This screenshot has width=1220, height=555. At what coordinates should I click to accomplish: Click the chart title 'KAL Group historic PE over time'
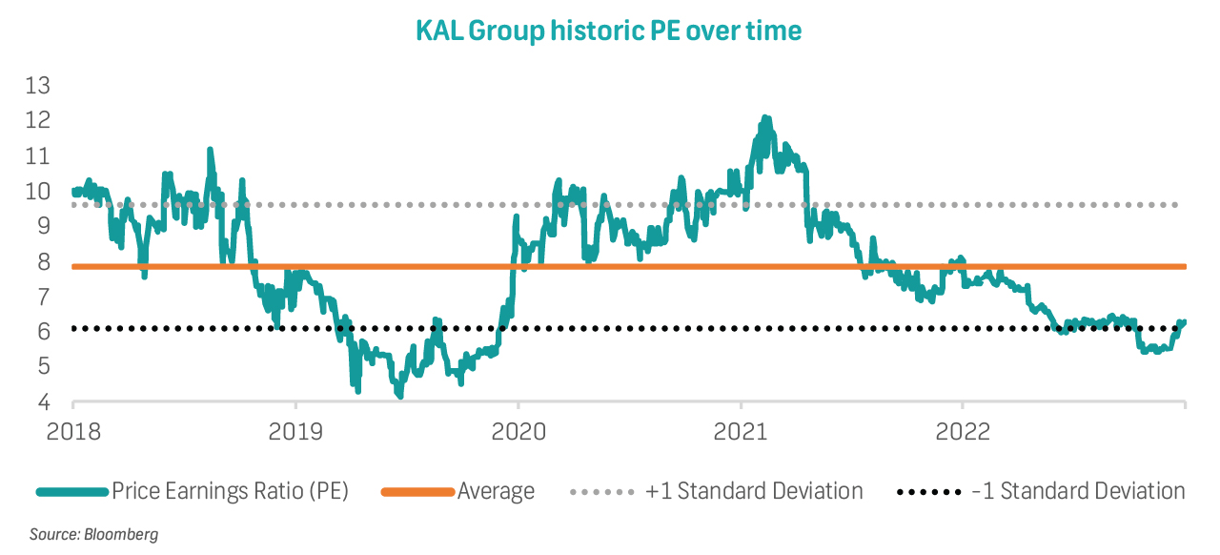pos(609,31)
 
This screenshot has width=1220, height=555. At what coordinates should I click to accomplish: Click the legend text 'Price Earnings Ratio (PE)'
pos(231,492)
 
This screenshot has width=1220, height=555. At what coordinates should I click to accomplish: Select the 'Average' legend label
pos(496,492)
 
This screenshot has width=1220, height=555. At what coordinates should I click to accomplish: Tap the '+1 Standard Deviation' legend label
pos(754,492)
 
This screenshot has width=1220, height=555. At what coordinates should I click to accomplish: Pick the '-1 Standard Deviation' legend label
pos(1078,492)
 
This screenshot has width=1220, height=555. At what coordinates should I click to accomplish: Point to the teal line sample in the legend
pos(71,492)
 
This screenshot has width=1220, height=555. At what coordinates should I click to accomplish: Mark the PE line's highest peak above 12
pos(764,117)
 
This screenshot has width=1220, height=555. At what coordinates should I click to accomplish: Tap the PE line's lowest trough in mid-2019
pos(400,396)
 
